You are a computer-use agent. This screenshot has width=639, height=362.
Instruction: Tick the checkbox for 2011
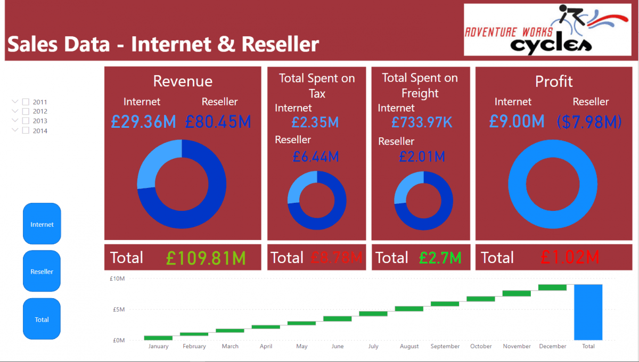point(26,102)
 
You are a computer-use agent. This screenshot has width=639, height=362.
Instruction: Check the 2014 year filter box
point(26,130)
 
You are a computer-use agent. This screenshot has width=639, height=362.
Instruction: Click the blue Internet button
point(42,224)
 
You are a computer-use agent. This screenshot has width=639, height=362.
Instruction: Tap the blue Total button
point(42,319)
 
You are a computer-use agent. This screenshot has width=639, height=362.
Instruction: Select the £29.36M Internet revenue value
point(144,122)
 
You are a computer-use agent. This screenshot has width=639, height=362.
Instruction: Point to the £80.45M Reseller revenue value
point(218,122)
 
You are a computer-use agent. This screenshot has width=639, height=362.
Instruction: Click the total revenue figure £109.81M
point(206,258)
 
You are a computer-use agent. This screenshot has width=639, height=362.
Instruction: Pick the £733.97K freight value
point(422,122)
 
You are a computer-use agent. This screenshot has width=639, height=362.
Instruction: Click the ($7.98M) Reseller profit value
point(589,122)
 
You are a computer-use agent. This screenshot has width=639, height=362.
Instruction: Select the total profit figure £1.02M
point(570,258)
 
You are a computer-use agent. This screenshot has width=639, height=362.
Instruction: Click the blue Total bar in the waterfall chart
point(588,312)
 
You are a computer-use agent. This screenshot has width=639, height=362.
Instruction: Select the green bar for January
point(158,338)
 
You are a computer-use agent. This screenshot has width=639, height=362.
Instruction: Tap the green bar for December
point(552,287)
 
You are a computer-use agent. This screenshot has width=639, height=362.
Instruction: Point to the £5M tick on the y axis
point(117,309)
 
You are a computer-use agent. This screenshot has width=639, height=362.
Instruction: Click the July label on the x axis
point(373,347)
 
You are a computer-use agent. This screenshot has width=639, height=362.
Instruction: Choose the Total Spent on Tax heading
point(317,86)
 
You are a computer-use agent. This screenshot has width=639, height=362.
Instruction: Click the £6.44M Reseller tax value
point(315,157)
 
